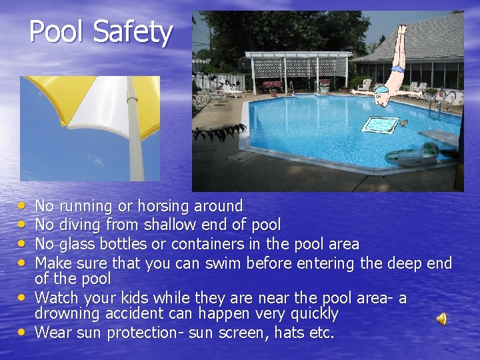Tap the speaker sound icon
click(441, 319)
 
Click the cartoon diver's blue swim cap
click(379, 99)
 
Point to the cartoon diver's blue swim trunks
click(397, 69)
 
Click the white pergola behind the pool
click(298, 67)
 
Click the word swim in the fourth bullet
click(221, 263)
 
